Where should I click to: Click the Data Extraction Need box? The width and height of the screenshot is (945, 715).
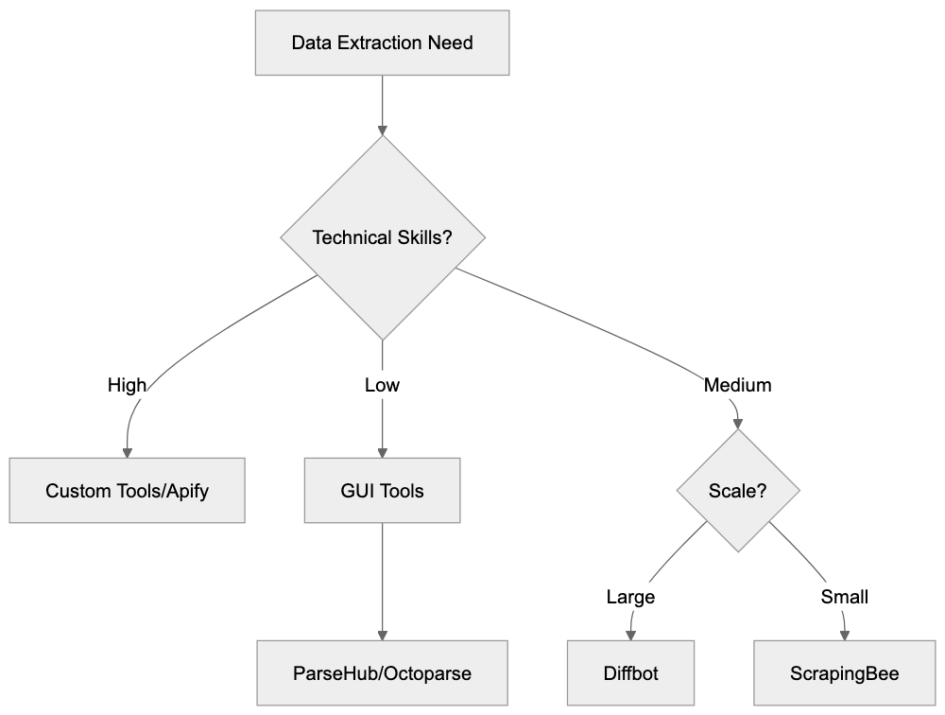pyautogui.click(x=382, y=43)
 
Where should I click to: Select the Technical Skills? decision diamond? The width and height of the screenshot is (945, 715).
pyautogui.click(x=382, y=237)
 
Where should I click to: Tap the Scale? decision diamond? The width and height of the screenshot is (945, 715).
pyautogui.click(x=737, y=491)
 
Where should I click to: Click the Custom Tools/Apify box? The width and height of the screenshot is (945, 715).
pyautogui.click(x=128, y=491)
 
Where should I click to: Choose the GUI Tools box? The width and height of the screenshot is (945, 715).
pyautogui.click(x=382, y=491)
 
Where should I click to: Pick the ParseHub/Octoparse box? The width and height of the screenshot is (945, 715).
pyautogui.click(x=382, y=673)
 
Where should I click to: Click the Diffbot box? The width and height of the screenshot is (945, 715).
pyautogui.click(x=630, y=673)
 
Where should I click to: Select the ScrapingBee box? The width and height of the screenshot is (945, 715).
pyautogui.click(x=844, y=673)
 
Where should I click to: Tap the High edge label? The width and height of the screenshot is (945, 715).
pyautogui.click(x=128, y=385)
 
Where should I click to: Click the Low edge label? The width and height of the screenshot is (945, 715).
pyautogui.click(x=382, y=385)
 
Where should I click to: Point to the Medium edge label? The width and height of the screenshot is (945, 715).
pyautogui.click(x=737, y=385)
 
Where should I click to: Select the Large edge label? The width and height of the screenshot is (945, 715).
pyautogui.click(x=630, y=597)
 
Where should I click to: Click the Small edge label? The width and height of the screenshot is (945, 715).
pyautogui.click(x=844, y=597)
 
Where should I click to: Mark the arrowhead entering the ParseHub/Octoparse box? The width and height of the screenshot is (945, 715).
pyautogui.click(x=382, y=634)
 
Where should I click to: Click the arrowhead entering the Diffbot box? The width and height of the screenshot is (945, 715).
pyautogui.click(x=630, y=634)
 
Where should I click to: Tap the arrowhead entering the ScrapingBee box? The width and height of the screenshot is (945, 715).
pyautogui.click(x=844, y=634)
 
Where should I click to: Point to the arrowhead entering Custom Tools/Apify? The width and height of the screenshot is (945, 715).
pyautogui.click(x=128, y=451)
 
